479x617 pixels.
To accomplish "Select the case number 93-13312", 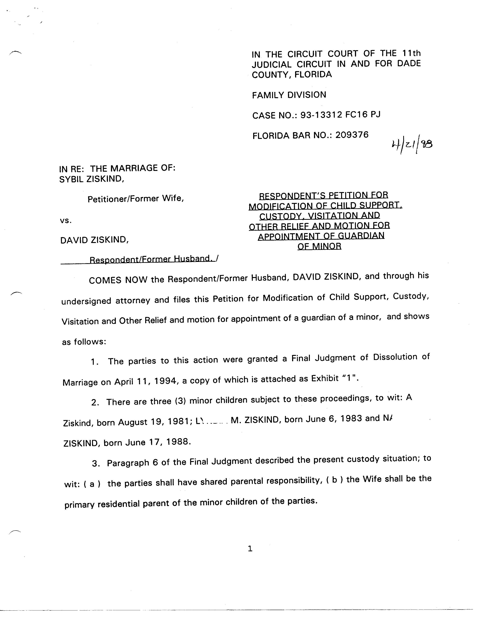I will (321, 115).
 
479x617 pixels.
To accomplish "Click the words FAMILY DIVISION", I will (289, 95).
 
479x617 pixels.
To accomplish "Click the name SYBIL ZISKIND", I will (91, 179).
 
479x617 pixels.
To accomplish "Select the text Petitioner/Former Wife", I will (136, 199).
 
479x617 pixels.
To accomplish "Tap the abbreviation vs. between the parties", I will (65, 221).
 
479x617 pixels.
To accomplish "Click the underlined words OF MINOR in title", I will (319, 246).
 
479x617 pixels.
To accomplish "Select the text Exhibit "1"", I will (335, 378).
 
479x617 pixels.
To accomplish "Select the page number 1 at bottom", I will (250, 549).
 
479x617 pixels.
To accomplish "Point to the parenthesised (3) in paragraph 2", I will (180, 401).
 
